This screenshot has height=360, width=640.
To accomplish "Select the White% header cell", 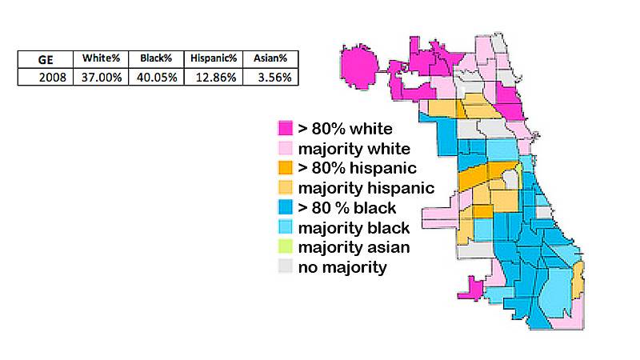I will tap(100, 58).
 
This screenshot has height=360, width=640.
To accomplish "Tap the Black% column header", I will tap(155, 58).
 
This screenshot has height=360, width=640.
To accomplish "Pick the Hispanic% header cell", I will tap(214, 58).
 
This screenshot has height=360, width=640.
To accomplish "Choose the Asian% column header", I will tap(270, 58).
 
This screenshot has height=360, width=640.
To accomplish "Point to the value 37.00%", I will tap(100, 77).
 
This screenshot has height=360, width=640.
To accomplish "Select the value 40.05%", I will tap(155, 77).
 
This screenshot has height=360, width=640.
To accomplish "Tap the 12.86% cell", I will tap(214, 77).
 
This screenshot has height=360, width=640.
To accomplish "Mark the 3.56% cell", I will tap(270, 77).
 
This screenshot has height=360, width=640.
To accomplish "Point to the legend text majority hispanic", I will tap(366, 188).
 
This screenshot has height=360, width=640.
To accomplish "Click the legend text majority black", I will tap(354, 228).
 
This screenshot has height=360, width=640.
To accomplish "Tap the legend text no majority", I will tap(342, 267).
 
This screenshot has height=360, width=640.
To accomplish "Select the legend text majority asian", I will tap(354, 247).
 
